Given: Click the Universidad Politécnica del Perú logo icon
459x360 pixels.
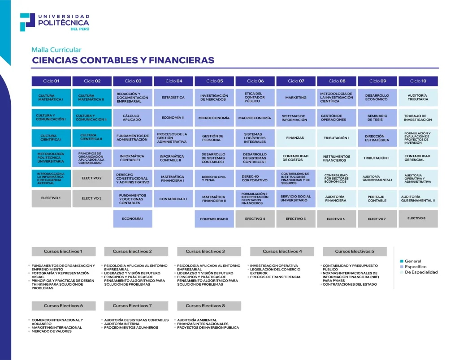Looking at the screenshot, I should click(x=27, y=22).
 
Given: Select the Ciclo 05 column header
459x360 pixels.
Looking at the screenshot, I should click(x=214, y=81).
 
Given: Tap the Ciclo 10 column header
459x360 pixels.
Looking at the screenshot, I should click(x=418, y=81).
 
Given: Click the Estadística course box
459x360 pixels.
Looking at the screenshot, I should click(x=173, y=98).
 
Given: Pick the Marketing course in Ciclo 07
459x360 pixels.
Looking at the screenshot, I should click(x=296, y=98).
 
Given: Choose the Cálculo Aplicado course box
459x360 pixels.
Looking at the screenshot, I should click(x=132, y=118).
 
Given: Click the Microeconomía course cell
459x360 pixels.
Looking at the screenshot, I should click(x=214, y=118).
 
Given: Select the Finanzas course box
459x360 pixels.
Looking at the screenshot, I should click(x=296, y=138).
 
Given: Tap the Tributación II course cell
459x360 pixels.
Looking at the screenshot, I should click(x=377, y=158).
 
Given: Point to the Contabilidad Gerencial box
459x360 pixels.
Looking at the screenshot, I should click(x=418, y=158).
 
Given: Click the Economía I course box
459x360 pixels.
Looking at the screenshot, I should click(x=132, y=219).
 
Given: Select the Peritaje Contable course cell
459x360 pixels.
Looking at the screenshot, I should click(x=377, y=198).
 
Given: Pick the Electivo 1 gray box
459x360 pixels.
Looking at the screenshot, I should click(x=51, y=198).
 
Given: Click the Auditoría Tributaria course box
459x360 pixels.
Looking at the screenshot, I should click(x=418, y=98).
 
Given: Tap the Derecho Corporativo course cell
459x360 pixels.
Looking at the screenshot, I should click(x=255, y=178).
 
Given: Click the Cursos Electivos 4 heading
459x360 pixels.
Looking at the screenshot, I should click(x=282, y=251).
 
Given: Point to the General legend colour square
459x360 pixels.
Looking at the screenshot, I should click(x=402, y=261).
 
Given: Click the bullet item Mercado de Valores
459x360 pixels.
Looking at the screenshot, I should click(x=52, y=331).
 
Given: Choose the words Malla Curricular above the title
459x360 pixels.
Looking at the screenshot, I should click(x=56, y=50).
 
